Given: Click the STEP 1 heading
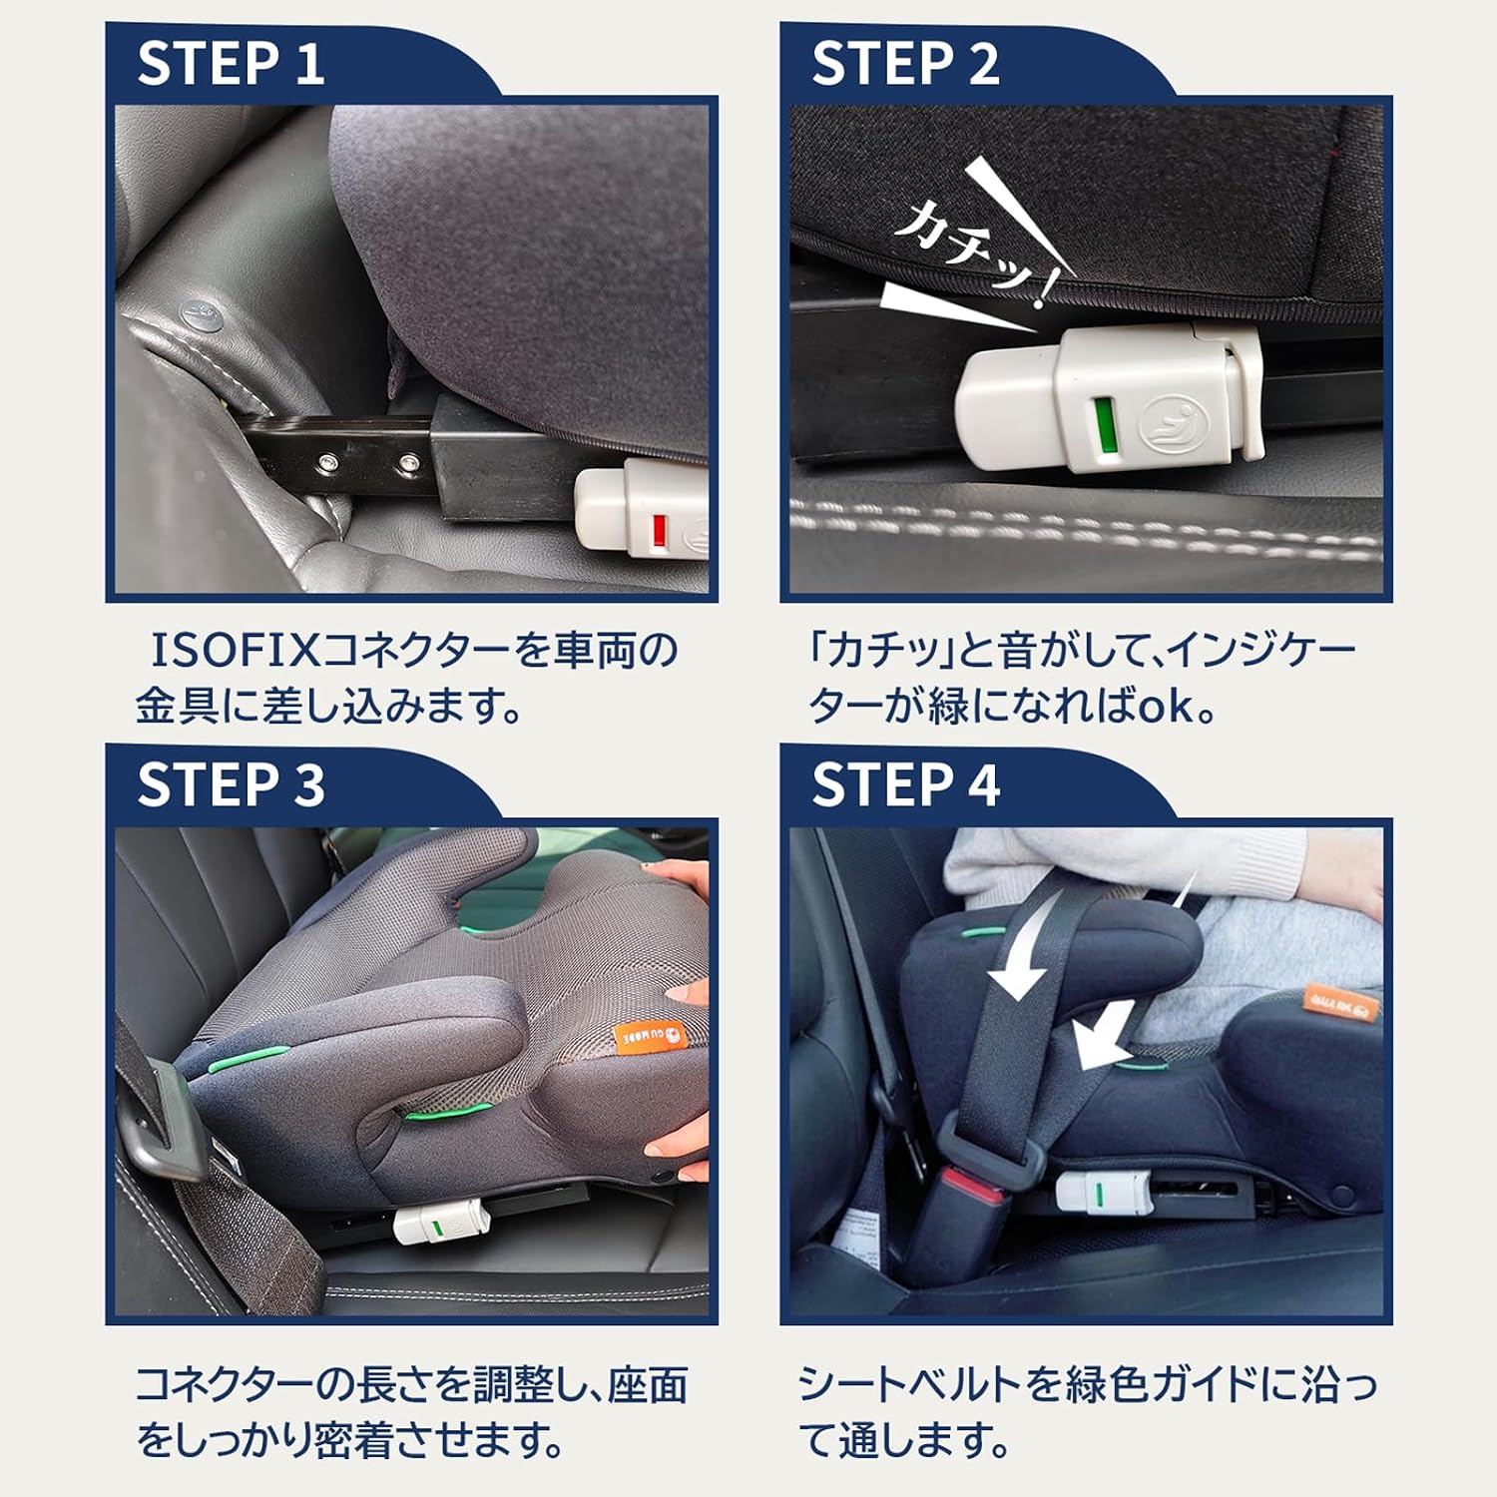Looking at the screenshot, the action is (x=231, y=63).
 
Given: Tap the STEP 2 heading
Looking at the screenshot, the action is (x=905, y=63).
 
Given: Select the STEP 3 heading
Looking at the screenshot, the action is (x=231, y=784).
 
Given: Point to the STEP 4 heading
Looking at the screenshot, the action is (x=905, y=784).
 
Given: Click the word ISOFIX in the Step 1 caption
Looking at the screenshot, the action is (x=235, y=651).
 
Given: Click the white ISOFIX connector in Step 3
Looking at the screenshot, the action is (x=439, y=1223).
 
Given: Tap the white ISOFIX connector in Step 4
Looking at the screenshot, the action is (x=1103, y=1192).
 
